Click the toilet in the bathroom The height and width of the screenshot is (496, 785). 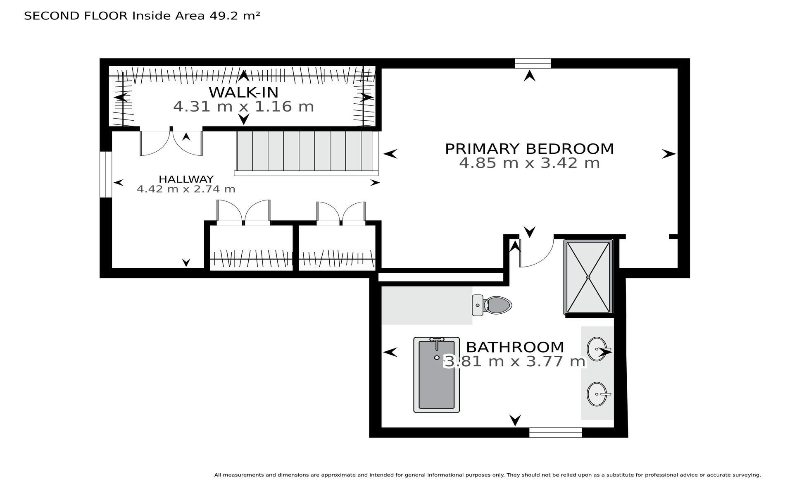pyautogui.click(x=492, y=305)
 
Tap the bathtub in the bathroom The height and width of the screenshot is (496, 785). pyautogui.click(x=436, y=374)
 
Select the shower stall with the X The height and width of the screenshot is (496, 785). pyautogui.click(x=588, y=277)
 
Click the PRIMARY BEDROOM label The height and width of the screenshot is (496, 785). pyautogui.click(x=529, y=148)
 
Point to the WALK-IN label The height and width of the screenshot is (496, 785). pyautogui.click(x=243, y=92)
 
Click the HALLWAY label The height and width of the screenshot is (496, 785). pyautogui.click(x=186, y=179)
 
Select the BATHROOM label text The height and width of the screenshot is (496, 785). pyautogui.click(x=515, y=346)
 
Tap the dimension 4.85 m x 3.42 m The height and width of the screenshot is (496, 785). pyautogui.click(x=529, y=163)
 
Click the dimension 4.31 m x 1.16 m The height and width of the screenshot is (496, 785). pyautogui.click(x=243, y=107)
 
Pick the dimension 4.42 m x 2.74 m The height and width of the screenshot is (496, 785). pyautogui.click(x=186, y=189)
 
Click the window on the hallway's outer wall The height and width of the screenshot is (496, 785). pyautogui.click(x=106, y=174)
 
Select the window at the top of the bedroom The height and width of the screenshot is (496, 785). pyautogui.click(x=533, y=63)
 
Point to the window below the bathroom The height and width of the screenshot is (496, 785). pyautogui.click(x=556, y=432)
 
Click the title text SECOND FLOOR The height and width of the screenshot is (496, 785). pyautogui.click(x=76, y=16)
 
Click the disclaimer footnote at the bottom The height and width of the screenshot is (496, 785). pyautogui.click(x=488, y=475)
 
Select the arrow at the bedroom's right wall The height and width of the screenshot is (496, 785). pyautogui.click(x=668, y=154)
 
